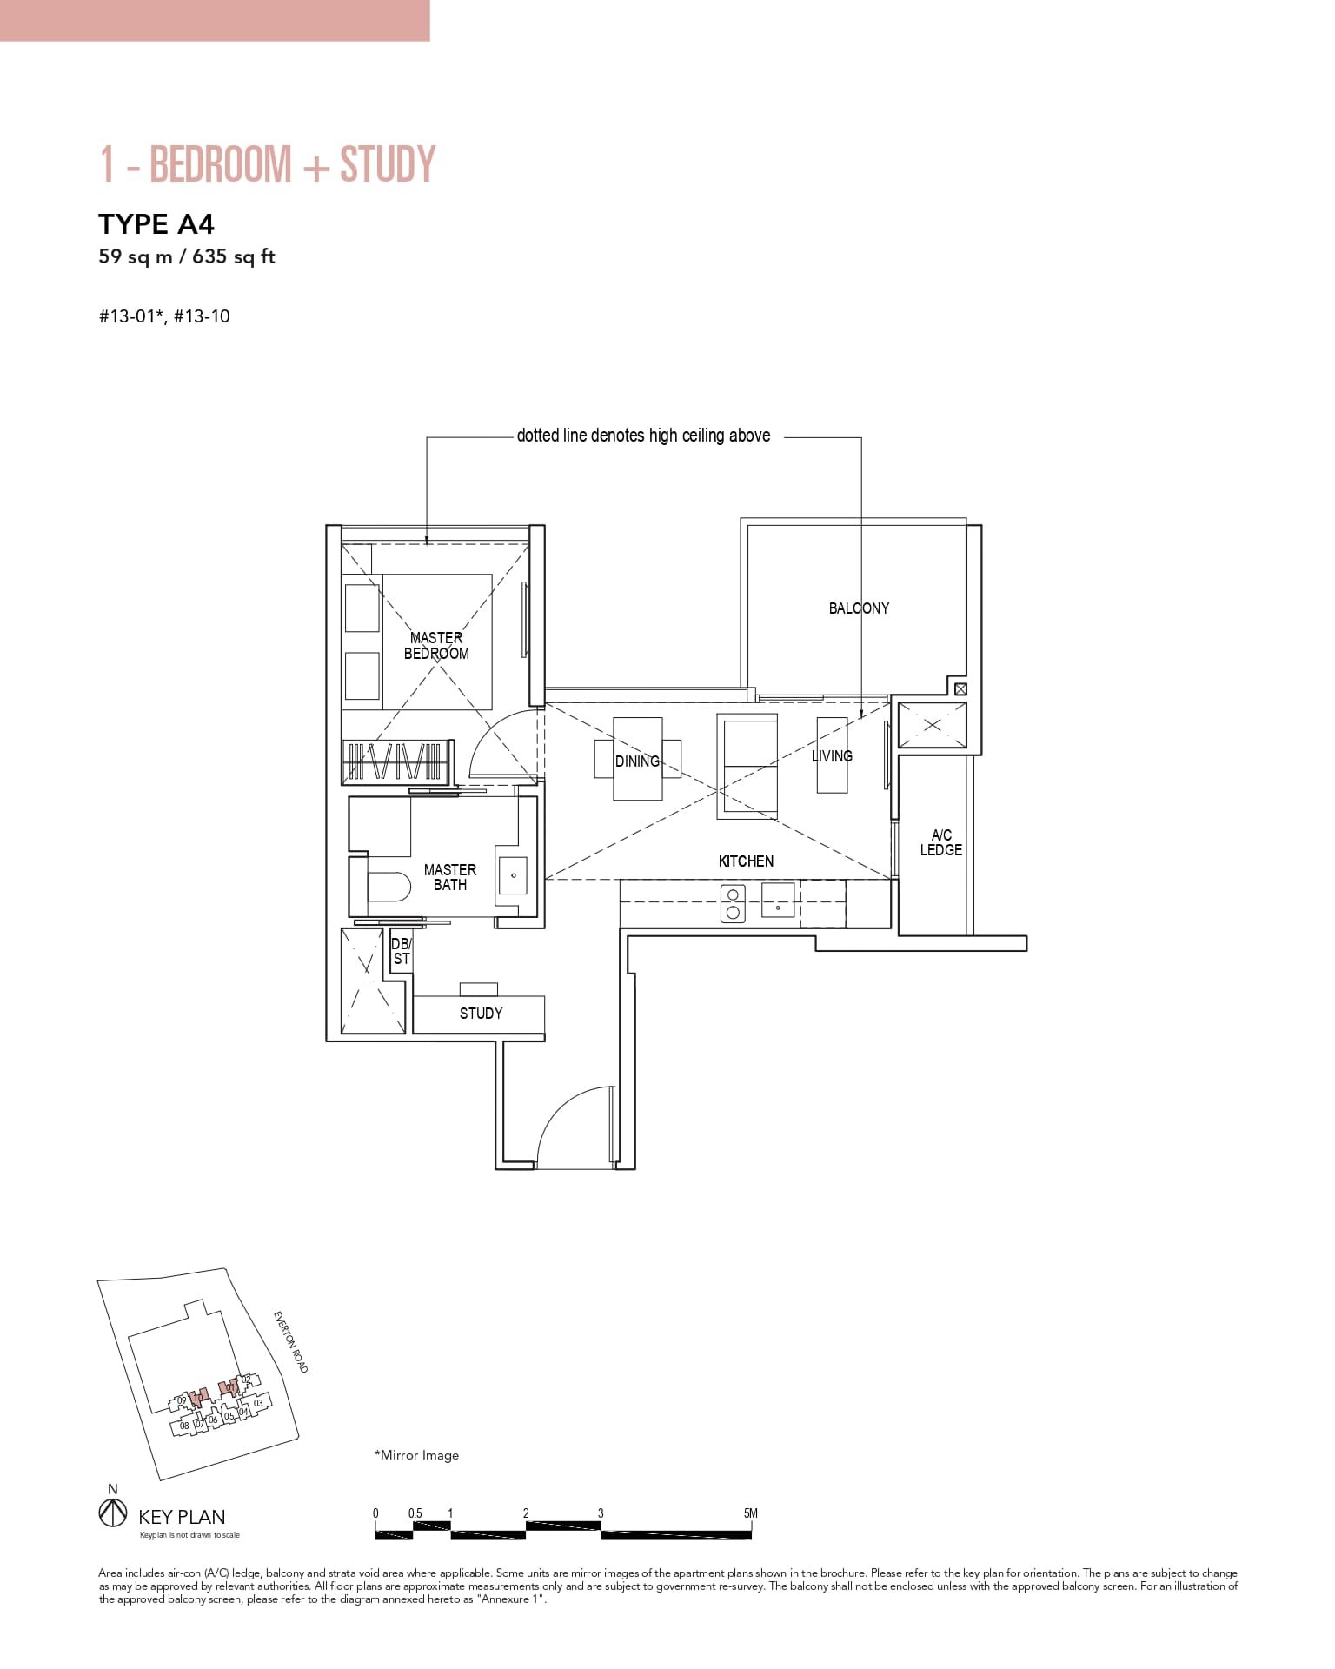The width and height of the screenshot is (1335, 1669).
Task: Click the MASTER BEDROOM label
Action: [436, 646]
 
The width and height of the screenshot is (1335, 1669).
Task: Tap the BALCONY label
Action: [859, 608]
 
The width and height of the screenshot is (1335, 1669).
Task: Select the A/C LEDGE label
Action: [940, 843]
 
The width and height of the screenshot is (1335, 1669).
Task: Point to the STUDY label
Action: [481, 1014]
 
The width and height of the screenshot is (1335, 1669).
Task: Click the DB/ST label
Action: [401, 951]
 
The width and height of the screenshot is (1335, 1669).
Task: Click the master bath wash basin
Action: [513, 875]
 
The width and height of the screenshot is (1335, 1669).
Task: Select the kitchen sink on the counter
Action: [778, 901]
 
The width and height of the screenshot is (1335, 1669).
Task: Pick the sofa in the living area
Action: [746, 767]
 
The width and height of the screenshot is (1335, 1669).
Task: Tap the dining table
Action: [638, 759]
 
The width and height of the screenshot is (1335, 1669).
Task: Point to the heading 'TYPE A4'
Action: [156, 224]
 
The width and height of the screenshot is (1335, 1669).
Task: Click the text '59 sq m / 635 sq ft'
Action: [187, 256]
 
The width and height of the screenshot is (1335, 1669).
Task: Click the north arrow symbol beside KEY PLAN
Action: [113, 1513]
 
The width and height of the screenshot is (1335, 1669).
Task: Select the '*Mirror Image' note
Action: [416, 1455]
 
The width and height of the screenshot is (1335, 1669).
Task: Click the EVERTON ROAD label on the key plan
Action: [290, 1342]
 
